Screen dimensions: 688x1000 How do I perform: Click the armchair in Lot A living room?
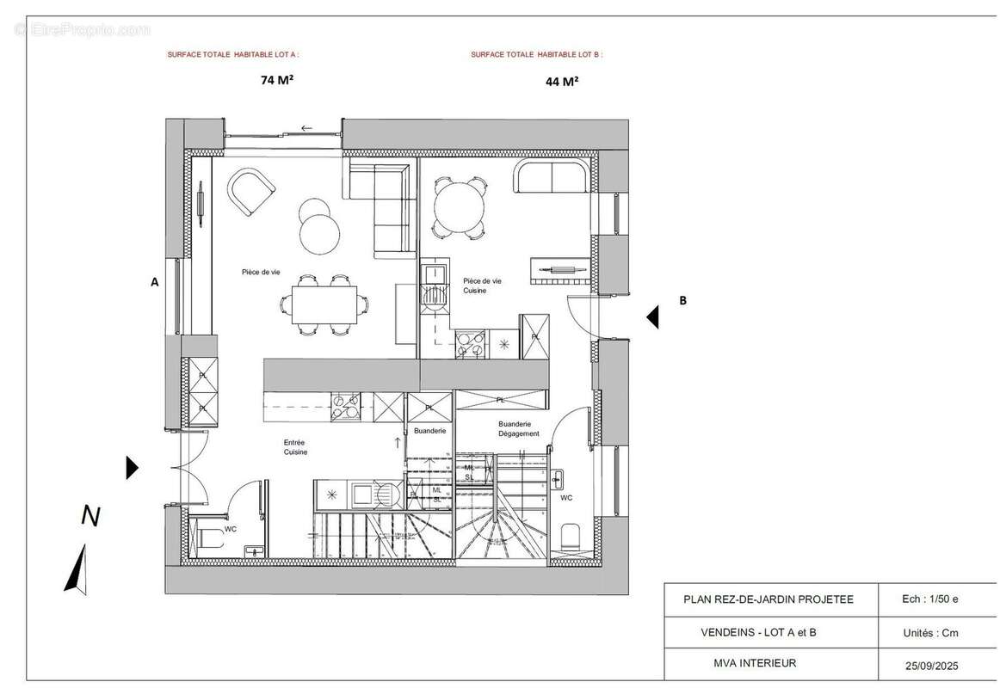tap(250, 193)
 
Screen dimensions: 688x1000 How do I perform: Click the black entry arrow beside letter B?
tap(653, 317)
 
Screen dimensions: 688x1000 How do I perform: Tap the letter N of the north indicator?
tap(90, 516)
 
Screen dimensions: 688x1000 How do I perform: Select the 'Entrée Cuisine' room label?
tap(295, 447)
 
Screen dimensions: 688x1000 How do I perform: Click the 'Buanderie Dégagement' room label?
tap(519, 429)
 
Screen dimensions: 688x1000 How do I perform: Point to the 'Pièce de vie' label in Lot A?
tap(262, 272)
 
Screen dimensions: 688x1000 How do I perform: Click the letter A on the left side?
tap(155, 281)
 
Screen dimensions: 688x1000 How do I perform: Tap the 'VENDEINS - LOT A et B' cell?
tap(759, 632)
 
